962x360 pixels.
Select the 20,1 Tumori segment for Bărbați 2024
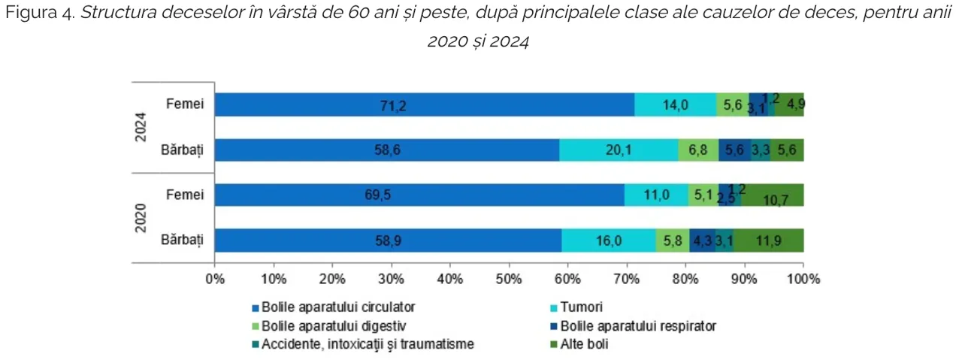619,150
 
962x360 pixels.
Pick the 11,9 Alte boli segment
768,241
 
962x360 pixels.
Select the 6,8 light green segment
698,150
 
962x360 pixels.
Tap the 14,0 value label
675,106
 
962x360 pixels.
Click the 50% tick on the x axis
509,279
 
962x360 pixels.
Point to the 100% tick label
803,279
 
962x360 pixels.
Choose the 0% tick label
215,279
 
